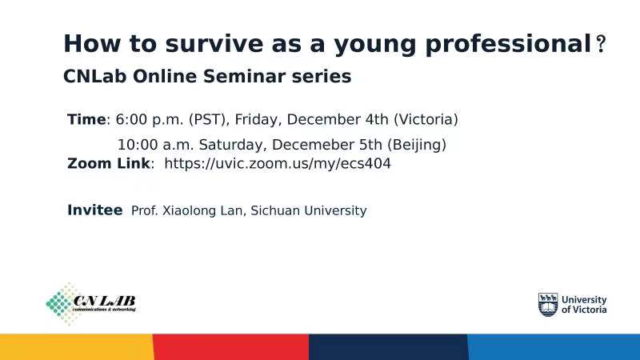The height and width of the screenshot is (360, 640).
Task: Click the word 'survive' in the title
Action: pyautogui.click(x=214, y=44)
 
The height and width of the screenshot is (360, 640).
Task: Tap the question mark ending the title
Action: pyautogui.click(x=601, y=44)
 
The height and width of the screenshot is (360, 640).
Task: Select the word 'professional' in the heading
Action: pyautogui.click(x=508, y=45)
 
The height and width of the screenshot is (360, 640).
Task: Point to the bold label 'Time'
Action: pyautogui.click(x=86, y=119)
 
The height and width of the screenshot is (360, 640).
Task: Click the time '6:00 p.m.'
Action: pyautogui.click(x=150, y=119)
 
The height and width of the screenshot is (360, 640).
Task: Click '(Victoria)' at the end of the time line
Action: pyautogui.click(x=426, y=119)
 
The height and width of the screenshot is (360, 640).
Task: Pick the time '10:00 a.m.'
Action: pyautogui.click(x=155, y=145)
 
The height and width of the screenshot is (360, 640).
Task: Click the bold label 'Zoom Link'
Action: pyautogui.click(x=109, y=163)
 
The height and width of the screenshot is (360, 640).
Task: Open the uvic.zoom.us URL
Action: pyautogui.click(x=278, y=164)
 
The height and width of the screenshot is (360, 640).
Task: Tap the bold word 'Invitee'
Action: pyautogui.click(x=94, y=210)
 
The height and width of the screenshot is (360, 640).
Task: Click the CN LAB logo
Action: pyautogui.click(x=90, y=304)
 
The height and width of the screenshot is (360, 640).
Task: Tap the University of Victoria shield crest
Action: pyautogui.click(x=548, y=305)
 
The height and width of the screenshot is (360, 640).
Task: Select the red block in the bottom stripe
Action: pyautogui.click(x=231, y=347)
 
